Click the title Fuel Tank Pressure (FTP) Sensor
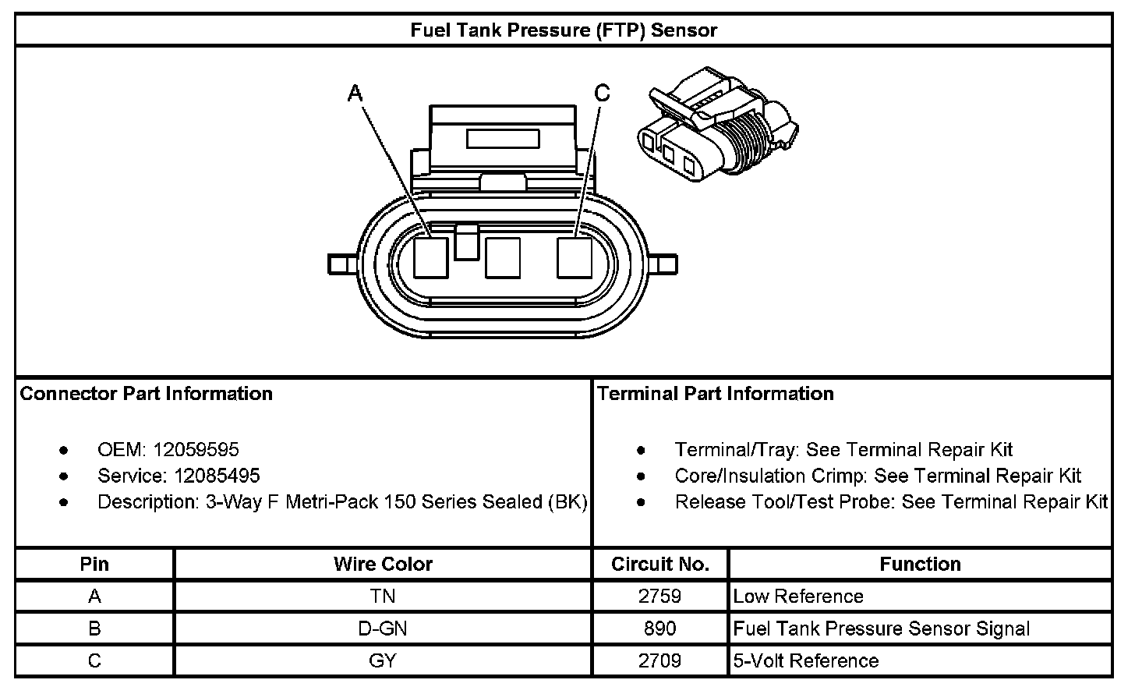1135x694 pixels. (x=564, y=30)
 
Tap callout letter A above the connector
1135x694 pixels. (x=355, y=94)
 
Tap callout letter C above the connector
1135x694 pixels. (x=602, y=94)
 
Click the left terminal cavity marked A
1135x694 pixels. (x=430, y=258)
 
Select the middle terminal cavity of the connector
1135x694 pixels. (x=503, y=258)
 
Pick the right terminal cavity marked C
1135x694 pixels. (x=575, y=258)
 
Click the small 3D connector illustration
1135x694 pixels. (x=717, y=124)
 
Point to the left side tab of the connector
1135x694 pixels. (x=343, y=264)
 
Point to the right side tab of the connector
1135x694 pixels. (x=663, y=264)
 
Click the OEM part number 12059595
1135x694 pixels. (x=196, y=450)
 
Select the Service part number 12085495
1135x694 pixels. (x=217, y=476)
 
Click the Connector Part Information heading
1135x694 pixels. (x=146, y=394)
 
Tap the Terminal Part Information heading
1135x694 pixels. (x=716, y=394)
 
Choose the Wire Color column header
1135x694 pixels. (x=383, y=565)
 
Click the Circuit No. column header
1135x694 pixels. (x=660, y=565)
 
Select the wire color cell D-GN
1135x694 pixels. (x=383, y=628)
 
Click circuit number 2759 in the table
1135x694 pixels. (x=659, y=597)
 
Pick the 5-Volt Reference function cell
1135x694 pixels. (x=806, y=660)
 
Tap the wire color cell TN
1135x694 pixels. (x=383, y=597)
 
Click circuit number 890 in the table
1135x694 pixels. (x=659, y=628)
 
